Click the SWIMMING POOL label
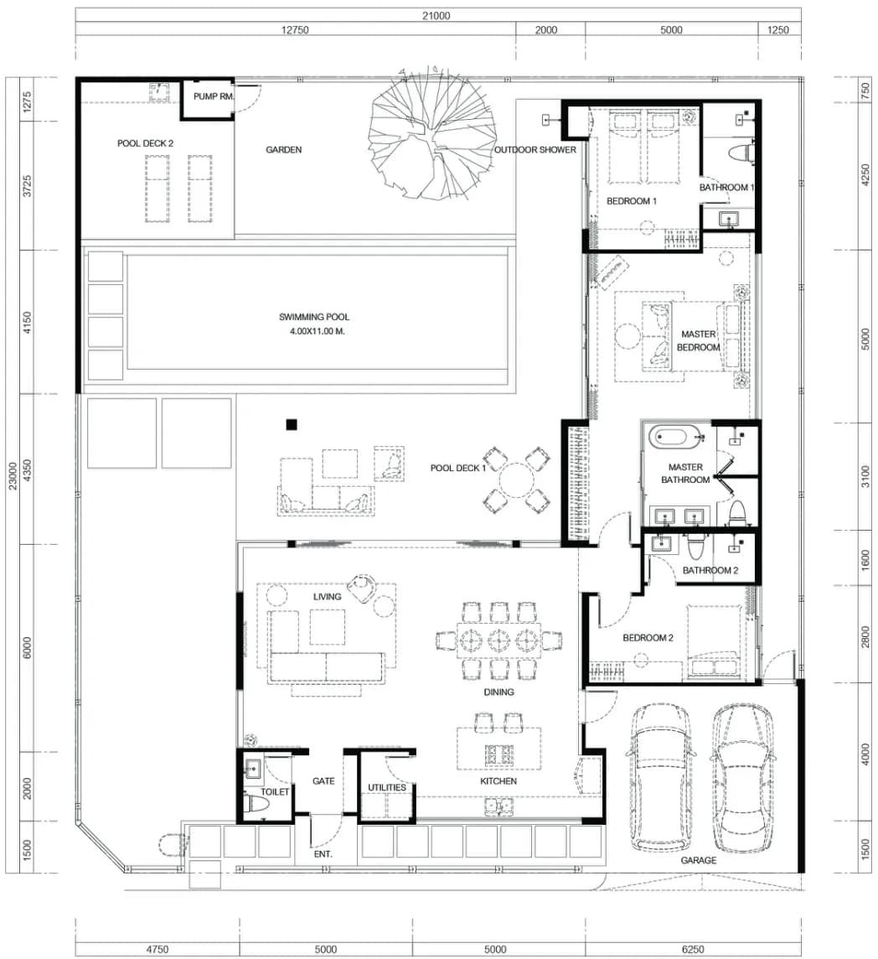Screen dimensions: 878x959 coord(314,317)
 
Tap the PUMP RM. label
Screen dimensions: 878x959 coord(214,96)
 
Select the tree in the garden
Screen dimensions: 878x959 coord(431,132)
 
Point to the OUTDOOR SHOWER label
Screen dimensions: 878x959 coord(535,150)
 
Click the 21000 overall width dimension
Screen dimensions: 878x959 coord(436,16)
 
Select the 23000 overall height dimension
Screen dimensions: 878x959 coord(12,476)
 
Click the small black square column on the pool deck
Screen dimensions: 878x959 coord(292,424)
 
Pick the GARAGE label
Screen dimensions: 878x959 coord(698,861)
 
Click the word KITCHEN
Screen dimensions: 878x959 coord(498,781)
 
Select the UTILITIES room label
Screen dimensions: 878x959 coord(387,788)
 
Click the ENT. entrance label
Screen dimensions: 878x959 coord(323,854)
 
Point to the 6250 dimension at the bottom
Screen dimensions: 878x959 coord(693,949)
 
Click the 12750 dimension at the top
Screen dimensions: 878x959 coord(295,30)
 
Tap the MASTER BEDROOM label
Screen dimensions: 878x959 coord(698,341)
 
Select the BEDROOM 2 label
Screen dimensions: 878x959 coord(648,638)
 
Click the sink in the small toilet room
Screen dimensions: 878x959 coord(253,768)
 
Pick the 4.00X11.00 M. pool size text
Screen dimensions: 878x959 coord(318,331)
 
